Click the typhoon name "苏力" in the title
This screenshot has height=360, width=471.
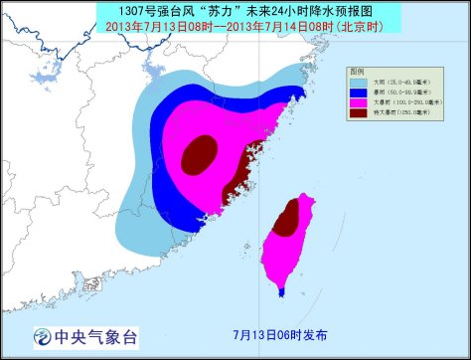tap(203, 9)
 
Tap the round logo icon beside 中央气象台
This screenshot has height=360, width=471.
tap(43, 334)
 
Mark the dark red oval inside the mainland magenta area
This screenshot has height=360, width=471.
tap(199, 152)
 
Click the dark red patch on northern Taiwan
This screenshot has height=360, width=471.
tap(286, 217)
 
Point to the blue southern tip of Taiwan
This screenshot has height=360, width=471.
tap(282, 291)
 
